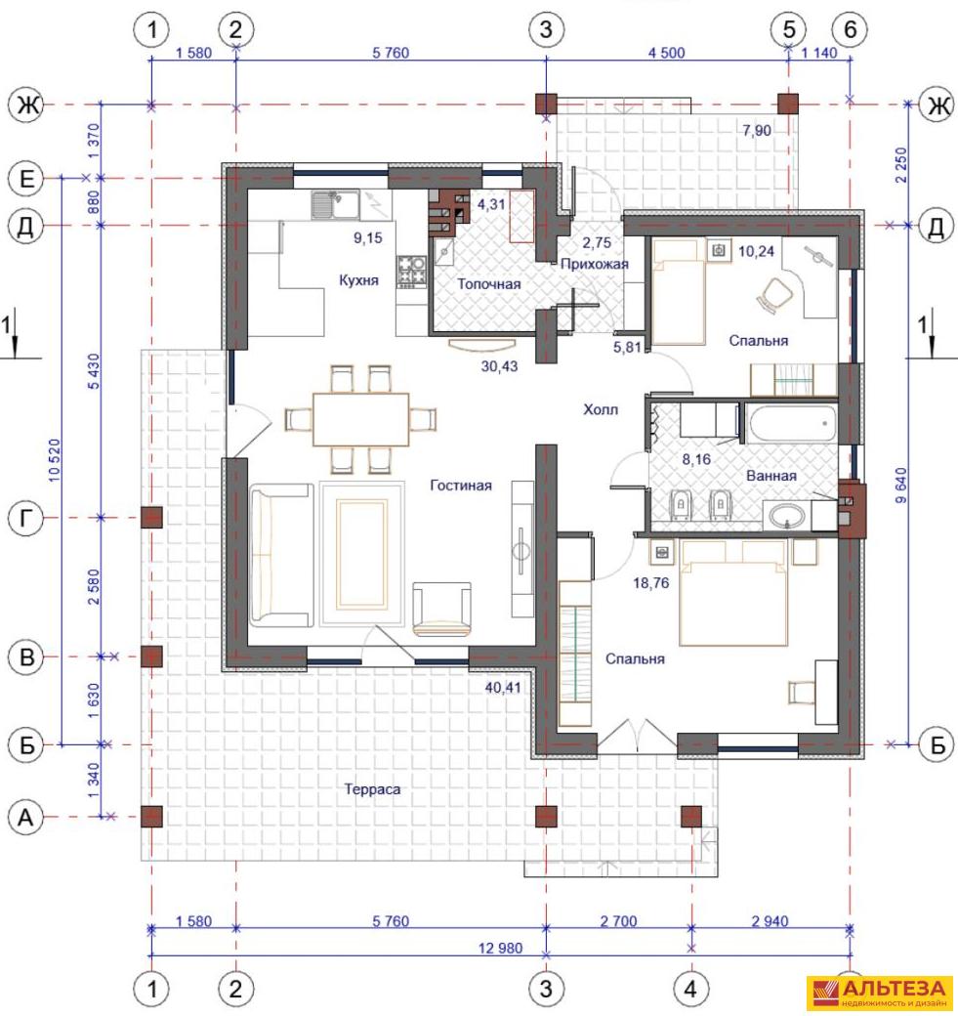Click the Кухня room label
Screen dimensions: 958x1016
tap(358, 280)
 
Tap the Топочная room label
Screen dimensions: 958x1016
tap(489, 284)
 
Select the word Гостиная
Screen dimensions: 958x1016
tap(461, 486)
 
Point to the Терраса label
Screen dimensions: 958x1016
tap(372, 789)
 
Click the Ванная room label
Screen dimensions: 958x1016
tap(771, 476)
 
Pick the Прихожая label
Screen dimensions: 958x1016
tap(595, 264)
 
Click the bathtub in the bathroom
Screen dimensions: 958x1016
tap(792, 424)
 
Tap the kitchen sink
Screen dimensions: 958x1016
tap(335, 205)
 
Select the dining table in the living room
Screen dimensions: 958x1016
tap(360, 419)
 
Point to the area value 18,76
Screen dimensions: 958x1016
tap(651, 583)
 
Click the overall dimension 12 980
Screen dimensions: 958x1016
tap(500, 948)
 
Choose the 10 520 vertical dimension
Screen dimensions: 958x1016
tap(55, 460)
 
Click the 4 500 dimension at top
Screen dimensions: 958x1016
tap(667, 53)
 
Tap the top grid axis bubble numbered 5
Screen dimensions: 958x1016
tap(789, 29)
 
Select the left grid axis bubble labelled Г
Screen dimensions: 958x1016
tap(26, 519)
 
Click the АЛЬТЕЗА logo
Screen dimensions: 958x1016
tap(882, 993)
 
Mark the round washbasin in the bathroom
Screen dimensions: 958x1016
tap(787, 517)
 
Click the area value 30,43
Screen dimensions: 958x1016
tap(499, 366)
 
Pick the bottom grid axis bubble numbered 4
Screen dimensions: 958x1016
tap(691, 989)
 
